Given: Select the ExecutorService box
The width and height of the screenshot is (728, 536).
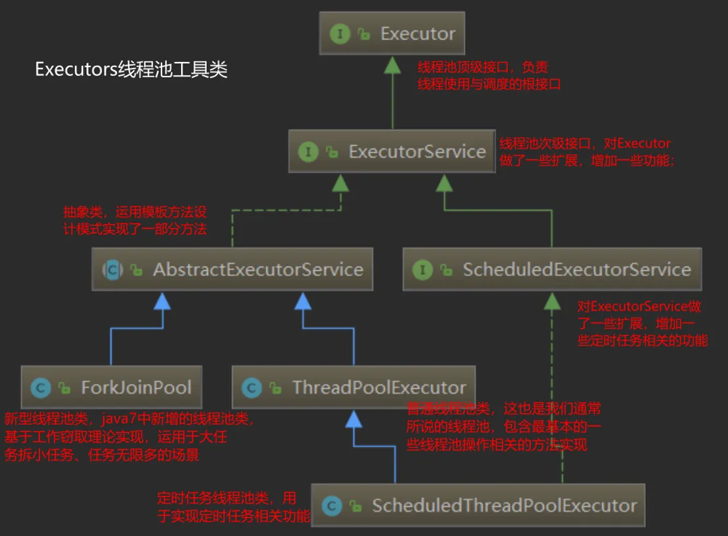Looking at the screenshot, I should [392, 152].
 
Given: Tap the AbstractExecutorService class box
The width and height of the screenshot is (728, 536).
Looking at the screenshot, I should [233, 270].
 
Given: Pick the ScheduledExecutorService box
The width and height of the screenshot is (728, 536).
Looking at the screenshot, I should [551, 270].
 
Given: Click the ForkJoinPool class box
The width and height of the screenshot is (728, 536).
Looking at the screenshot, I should [110, 388].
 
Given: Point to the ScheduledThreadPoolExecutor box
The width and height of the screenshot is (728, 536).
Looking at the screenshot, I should [478, 506].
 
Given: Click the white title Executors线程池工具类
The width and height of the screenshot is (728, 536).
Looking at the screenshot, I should [131, 70].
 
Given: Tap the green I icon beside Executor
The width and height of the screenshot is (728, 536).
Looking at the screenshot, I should [340, 34].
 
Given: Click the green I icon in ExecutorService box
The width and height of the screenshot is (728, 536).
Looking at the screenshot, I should [308, 152].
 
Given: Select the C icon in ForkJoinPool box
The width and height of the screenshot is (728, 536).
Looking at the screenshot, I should [40, 388].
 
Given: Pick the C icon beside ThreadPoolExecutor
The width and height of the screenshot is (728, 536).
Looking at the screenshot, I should [252, 388].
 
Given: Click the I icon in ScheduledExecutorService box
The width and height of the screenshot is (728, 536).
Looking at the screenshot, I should [422, 270].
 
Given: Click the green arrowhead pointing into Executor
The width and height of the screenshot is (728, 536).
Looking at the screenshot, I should [393, 64].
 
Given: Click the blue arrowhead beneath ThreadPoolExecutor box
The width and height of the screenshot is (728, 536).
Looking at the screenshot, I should [354, 418].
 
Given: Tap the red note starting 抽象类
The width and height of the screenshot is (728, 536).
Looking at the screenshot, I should [135, 221].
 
